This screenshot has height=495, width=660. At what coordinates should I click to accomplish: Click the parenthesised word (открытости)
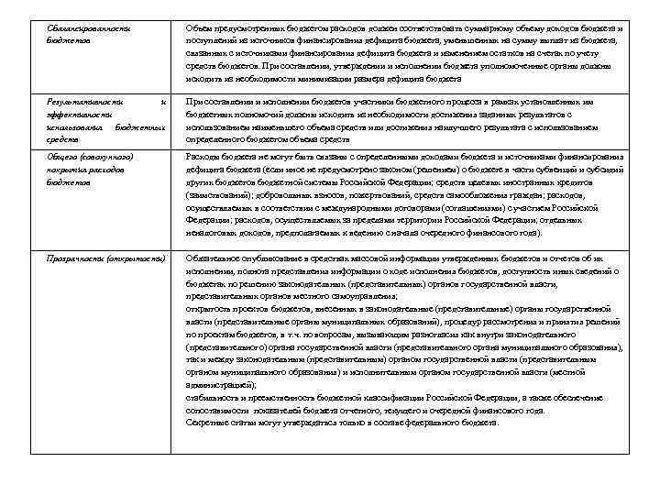138,258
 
